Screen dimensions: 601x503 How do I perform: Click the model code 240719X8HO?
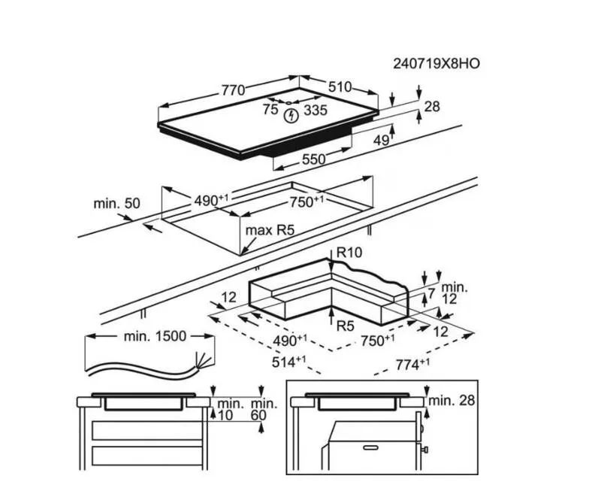[436, 64]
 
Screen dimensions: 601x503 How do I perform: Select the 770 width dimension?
[233, 90]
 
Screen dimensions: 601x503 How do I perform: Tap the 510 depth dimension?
[340, 87]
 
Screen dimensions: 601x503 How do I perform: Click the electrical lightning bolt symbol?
[291, 115]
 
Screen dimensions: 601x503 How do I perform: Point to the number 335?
[316, 111]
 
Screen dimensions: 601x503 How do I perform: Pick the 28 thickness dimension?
[432, 107]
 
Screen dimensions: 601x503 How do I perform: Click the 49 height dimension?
[382, 141]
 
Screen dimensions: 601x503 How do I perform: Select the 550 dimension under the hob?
[313, 159]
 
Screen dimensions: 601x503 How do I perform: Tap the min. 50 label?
[117, 203]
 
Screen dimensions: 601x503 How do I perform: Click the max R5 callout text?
[270, 230]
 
